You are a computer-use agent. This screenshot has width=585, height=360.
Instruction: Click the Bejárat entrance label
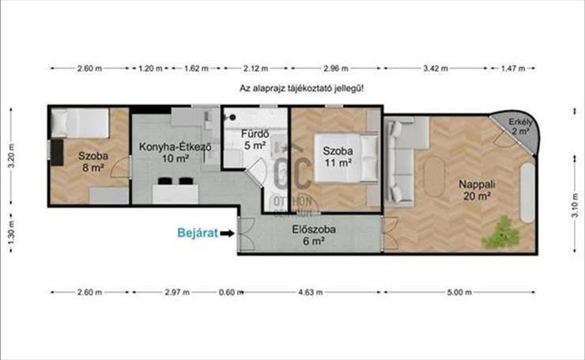(x=198, y=233)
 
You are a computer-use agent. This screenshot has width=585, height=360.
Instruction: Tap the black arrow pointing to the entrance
(x=227, y=233)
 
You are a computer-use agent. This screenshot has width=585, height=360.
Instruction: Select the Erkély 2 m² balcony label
(x=520, y=127)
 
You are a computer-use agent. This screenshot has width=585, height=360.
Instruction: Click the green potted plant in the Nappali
(x=500, y=233)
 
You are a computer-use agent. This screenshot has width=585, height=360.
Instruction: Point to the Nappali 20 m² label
(x=477, y=190)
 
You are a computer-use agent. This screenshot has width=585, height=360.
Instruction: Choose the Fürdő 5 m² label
(x=255, y=139)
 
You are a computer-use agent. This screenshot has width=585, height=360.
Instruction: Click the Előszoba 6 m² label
(x=313, y=235)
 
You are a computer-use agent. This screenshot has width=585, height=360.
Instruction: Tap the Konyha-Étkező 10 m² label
(x=175, y=153)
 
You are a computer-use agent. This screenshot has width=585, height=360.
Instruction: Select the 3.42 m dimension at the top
(x=436, y=68)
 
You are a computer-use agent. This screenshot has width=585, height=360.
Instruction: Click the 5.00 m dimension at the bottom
(x=459, y=292)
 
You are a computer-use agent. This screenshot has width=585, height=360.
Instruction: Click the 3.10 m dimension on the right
(x=575, y=204)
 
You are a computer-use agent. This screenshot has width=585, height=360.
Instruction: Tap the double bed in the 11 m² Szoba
(x=346, y=158)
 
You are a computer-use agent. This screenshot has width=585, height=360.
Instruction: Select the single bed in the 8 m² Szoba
(x=80, y=123)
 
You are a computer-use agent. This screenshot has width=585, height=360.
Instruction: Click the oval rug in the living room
(x=434, y=176)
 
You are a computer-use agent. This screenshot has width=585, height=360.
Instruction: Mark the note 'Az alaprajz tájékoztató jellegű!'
(x=301, y=89)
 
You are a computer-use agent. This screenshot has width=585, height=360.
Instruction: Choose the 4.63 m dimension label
(x=311, y=292)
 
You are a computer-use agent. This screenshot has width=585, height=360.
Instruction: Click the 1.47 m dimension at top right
(x=512, y=68)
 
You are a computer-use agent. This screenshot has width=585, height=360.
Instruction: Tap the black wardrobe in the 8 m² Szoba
(x=57, y=152)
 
